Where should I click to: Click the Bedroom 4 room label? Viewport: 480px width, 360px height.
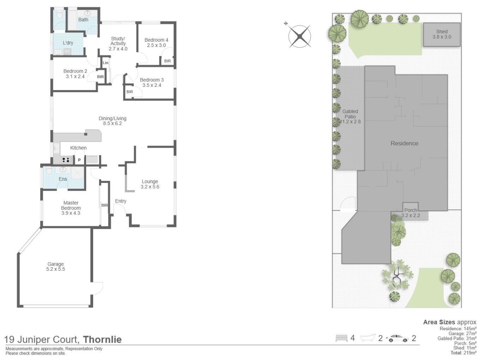click(x=156, y=40)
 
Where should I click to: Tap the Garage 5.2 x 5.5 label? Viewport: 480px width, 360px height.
click(x=55, y=266)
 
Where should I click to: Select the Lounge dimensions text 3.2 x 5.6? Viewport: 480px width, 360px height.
click(x=150, y=187)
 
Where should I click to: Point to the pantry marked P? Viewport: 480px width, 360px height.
click(x=79, y=160)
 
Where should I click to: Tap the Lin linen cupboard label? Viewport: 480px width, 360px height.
click(x=106, y=63)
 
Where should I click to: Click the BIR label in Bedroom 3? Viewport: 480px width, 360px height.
click(x=130, y=92)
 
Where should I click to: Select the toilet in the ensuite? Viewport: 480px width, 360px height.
click(x=49, y=171)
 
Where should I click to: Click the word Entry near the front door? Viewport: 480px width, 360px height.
click(x=120, y=201)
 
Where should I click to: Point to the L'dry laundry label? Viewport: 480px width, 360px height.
click(x=68, y=43)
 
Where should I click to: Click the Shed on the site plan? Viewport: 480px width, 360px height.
click(x=442, y=34)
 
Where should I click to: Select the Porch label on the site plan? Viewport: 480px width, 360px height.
click(x=410, y=210)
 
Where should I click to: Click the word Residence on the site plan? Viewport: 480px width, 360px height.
click(x=404, y=143)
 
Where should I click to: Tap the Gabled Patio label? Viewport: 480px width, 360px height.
click(x=350, y=114)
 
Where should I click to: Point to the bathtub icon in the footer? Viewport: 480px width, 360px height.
click(x=368, y=338)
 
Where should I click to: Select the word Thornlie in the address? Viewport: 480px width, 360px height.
click(x=102, y=340)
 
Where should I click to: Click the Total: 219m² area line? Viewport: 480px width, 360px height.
click(x=463, y=353)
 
